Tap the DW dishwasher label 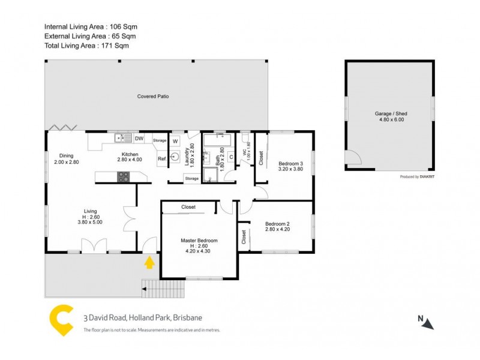(x=139, y=139)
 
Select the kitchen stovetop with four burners (x=123, y=176)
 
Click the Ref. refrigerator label (x=162, y=158)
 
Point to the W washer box (x=175, y=141)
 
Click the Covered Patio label (x=153, y=96)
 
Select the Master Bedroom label (x=199, y=240)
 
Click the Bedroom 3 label (x=290, y=164)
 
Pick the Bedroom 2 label (x=277, y=224)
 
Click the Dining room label (x=66, y=154)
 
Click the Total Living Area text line (x=87, y=45)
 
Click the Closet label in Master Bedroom (x=188, y=207)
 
